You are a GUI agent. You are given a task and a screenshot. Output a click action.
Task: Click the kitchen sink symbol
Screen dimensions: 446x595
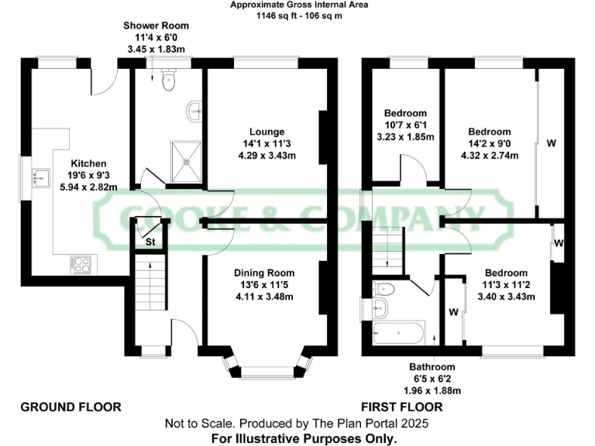tap(40, 179)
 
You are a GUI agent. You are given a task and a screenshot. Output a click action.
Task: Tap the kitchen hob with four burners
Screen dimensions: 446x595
tap(81, 265)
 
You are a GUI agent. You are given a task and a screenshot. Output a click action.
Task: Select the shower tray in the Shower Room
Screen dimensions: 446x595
tap(186, 162)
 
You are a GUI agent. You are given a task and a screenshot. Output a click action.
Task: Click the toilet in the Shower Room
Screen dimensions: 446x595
tap(170, 81)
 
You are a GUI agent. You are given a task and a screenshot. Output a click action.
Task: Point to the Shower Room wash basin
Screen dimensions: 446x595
tap(194, 112)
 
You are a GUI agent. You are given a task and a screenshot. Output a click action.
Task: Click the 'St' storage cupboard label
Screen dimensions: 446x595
tap(150, 243)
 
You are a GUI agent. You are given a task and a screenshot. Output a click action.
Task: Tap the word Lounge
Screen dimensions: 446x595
tap(267, 132)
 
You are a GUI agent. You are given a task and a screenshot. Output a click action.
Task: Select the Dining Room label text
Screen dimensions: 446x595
tap(266, 273)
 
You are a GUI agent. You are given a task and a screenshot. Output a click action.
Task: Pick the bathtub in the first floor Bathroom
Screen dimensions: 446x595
tap(398, 334)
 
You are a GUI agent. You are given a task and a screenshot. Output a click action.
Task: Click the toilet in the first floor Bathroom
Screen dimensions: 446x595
tap(385, 290)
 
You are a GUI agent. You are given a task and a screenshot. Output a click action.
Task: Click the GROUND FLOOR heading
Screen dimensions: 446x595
tap(71, 407)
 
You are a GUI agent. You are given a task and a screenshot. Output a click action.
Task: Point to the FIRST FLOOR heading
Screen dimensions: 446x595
tap(402, 407)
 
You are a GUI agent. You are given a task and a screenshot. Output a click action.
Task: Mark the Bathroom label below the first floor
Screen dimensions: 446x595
tap(432, 366)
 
